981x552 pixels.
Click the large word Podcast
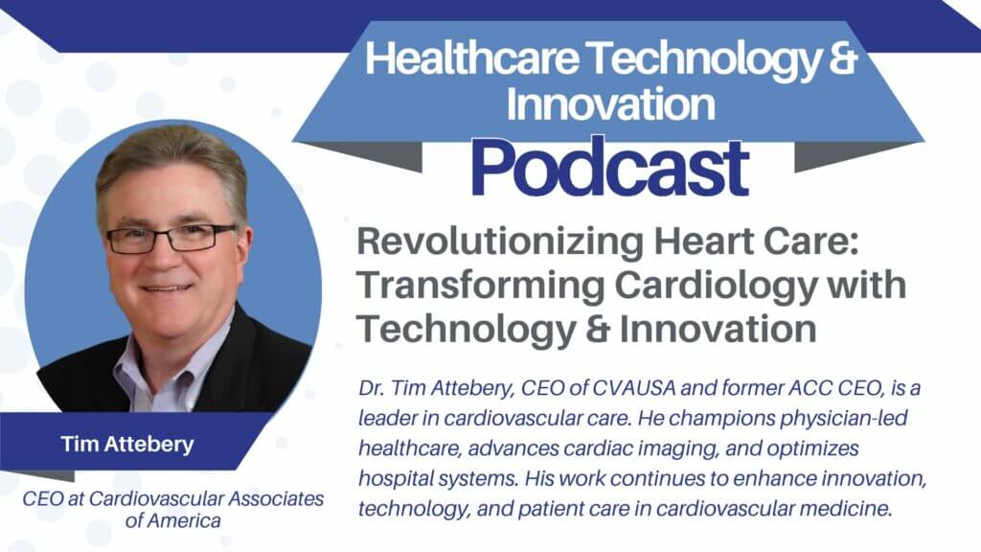point(609,169)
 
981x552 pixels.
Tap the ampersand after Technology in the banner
point(840,62)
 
